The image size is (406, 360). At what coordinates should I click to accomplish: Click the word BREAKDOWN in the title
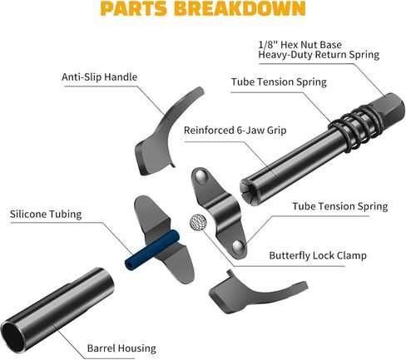(x=240, y=8)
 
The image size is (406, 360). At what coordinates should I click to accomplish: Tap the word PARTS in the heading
(x=134, y=8)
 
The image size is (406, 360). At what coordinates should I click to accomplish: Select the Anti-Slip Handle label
(x=99, y=76)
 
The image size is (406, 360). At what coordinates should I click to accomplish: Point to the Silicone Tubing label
(x=46, y=214)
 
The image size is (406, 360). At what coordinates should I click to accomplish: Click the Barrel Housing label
(x=121, y=348)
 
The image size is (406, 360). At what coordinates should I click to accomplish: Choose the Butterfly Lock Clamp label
(x=318, y=255)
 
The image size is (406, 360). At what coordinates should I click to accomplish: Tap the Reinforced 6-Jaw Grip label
(x=235, y=131)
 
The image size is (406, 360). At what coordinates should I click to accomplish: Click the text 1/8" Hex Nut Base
(x=300, y=45)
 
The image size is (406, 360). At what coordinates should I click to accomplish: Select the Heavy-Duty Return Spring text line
(x=319, y=55)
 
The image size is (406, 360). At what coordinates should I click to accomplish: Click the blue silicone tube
(x=151, y=249)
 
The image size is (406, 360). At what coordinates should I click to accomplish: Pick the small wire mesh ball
(x=198, y=222)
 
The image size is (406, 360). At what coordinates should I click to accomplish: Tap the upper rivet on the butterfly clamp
(x=201, y=176)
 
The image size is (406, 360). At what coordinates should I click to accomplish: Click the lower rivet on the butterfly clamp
(x=237, y=246)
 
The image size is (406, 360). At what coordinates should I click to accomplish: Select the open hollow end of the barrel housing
(x=12, y=337)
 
